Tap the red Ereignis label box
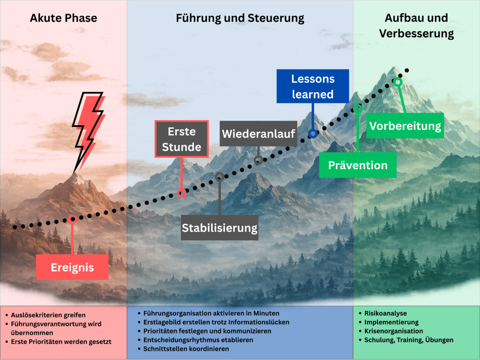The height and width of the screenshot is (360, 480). point(72,267)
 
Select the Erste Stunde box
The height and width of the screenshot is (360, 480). point(182,139)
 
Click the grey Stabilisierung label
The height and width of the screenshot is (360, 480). point(219,228)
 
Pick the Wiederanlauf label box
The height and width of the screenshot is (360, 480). point(258,133)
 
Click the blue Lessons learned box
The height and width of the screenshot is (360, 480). point(313,86)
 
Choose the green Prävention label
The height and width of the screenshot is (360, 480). point(358,165)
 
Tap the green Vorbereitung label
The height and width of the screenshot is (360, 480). point(405,126)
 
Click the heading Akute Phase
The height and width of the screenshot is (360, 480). point(64,18)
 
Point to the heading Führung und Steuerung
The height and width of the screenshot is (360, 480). point(240,18)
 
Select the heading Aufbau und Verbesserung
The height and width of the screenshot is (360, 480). point(416,26)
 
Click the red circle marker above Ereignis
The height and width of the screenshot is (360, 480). point(72,219)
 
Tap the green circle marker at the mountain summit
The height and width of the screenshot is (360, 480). point(398,82)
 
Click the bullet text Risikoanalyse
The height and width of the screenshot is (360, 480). point(386,313)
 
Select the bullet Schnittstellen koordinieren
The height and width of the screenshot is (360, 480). point(186,348)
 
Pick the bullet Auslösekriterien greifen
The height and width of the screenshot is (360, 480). point(48,315)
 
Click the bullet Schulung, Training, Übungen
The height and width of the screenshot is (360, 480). point(409,340)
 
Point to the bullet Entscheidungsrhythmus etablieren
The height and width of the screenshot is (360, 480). point(198,340)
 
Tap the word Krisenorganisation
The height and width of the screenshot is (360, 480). point(394,331)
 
